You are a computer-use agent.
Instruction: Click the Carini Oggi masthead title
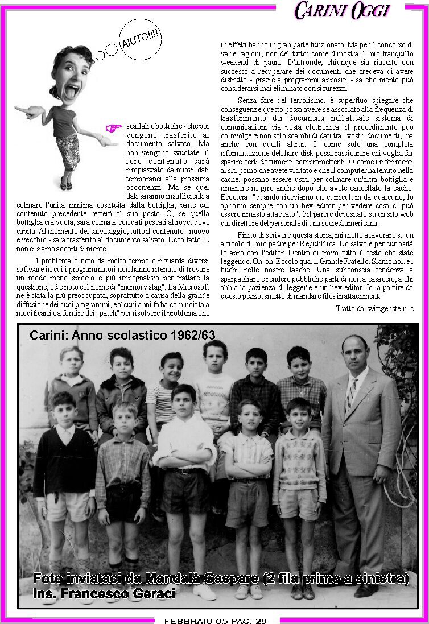[342, 10]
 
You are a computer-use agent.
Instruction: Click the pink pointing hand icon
[114, 127]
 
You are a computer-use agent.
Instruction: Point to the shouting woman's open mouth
[73, 91]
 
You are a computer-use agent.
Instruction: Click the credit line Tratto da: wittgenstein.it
[374, 308]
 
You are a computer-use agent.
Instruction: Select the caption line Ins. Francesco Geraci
[104, 593]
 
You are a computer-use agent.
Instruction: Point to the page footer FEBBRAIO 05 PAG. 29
[215, 620]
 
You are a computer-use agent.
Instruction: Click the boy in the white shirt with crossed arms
[184, 449]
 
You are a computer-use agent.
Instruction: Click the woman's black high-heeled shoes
[66, 185]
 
